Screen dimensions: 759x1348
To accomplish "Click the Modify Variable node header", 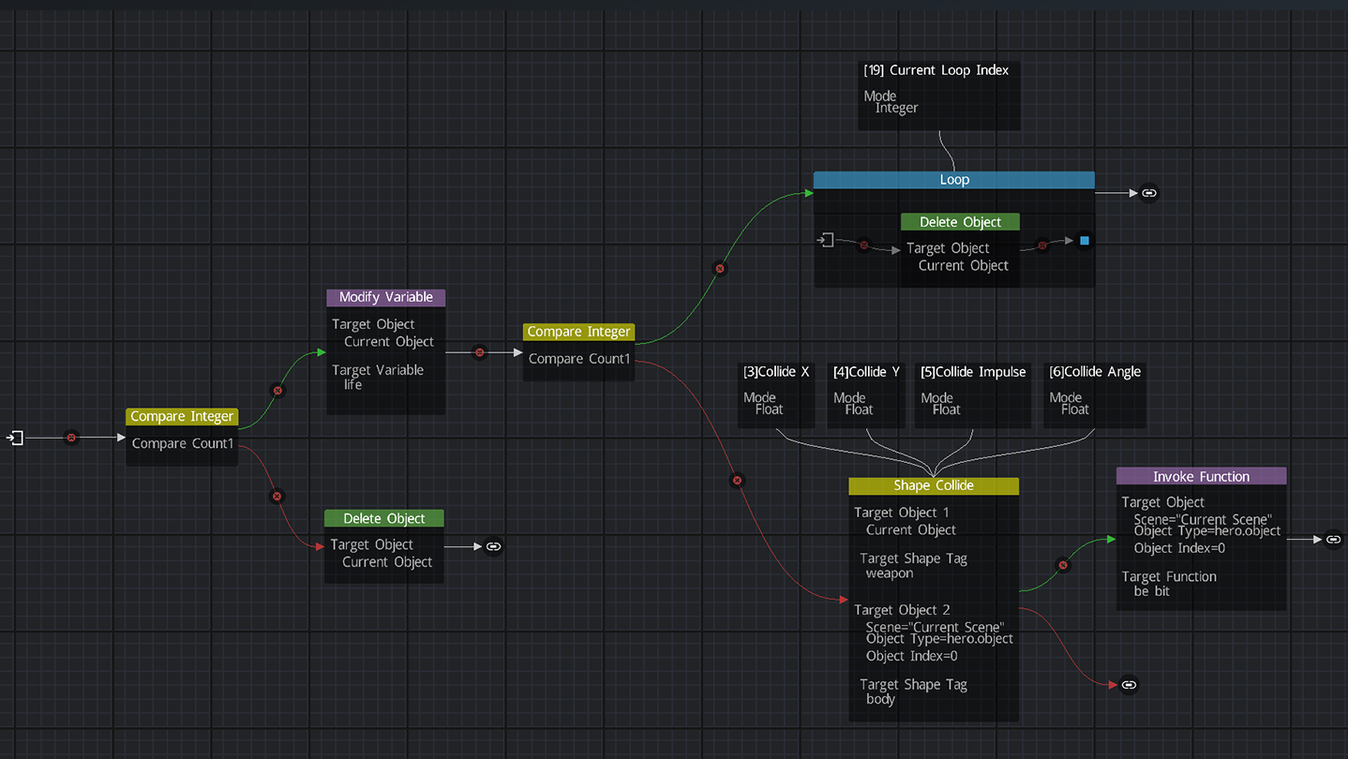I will click(385, 297).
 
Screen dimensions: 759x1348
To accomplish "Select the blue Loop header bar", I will click(953, 180).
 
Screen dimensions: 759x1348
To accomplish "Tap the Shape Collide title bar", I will click(933, 485).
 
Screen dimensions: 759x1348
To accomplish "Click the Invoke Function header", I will click(1201, 476).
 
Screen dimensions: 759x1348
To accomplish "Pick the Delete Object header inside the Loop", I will click(960, 222).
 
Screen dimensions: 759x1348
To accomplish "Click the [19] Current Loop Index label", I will click(936, 70).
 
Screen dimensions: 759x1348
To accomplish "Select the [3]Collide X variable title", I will click(775, 372).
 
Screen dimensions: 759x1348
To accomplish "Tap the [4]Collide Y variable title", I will click(866, 372).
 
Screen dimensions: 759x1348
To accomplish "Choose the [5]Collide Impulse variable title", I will click(973, 372).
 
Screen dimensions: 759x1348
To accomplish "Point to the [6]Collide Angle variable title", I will click(1095, 372).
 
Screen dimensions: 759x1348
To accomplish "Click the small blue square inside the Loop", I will click(1085, 241).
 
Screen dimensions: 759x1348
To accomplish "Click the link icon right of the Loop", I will click(1149, 193).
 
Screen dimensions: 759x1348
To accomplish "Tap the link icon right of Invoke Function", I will click(1334, 539).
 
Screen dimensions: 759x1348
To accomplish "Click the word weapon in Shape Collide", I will click(889, 573).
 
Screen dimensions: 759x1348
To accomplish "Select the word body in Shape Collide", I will click(880, 699).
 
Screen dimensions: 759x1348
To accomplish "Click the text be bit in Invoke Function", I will click(1151, 591).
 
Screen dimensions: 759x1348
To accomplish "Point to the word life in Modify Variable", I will click(352, 384).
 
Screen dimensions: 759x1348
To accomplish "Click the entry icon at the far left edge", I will click(15, 438).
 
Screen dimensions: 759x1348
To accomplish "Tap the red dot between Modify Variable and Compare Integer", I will click(480, 352).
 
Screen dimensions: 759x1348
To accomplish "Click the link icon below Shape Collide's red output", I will click(1129, 685).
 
